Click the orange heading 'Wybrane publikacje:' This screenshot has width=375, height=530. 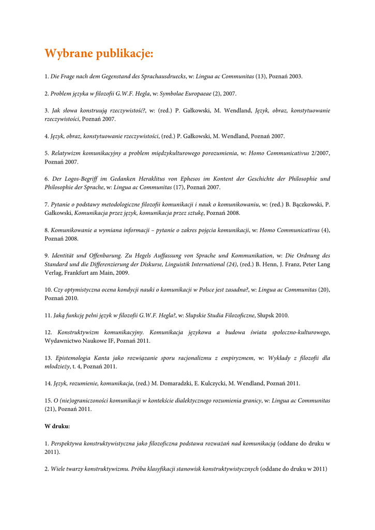99,54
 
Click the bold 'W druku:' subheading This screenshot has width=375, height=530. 57,426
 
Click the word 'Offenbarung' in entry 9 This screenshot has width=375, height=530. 106,256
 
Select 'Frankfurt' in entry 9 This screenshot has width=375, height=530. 77,273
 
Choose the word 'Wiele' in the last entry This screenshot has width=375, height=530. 58,469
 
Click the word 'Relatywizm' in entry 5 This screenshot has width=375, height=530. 67,153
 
